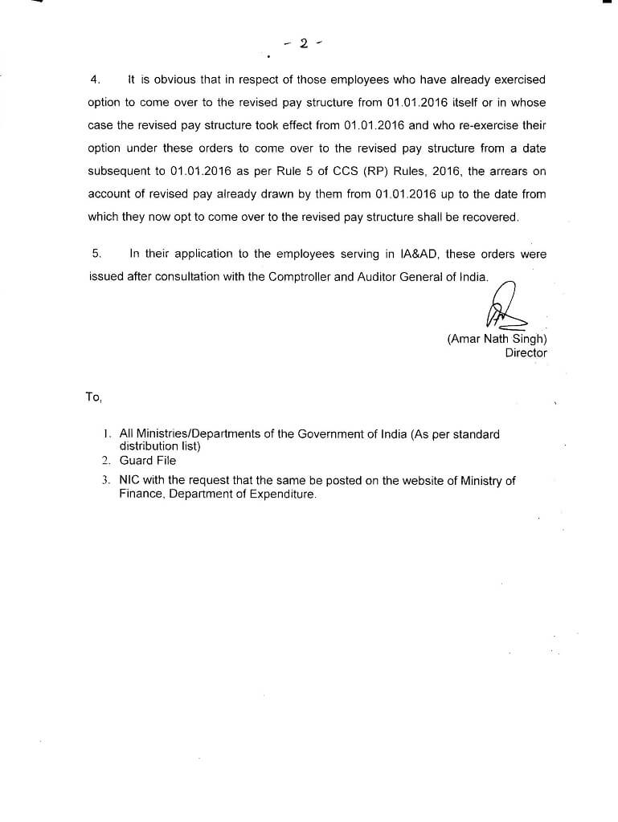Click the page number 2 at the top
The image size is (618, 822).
tap(303, 43)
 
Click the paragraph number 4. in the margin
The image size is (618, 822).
tap(94, 79)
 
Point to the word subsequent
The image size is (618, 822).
tap(119, 171)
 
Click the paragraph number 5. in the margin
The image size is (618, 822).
tap(96, 254)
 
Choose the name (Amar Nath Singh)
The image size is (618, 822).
tap(497, 339)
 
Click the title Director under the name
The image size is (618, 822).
tap(526, 352)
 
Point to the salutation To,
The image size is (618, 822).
tap(93, 397)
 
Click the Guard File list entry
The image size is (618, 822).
tap(148, 461)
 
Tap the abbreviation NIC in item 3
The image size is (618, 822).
tap(129, 481)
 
